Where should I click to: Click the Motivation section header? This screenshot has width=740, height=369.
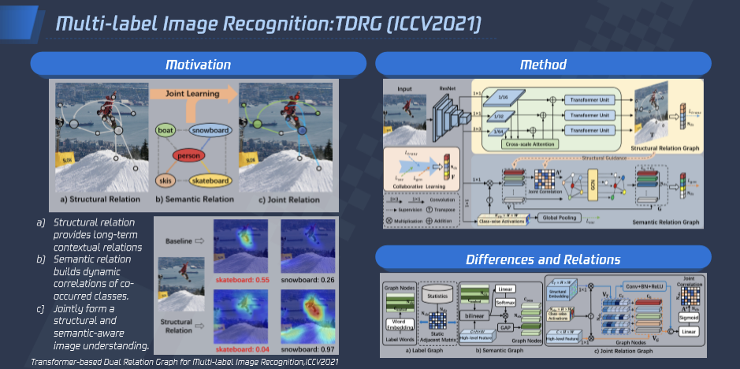coord(198,64)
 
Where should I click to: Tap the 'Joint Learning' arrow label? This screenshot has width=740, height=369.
coord(193,92)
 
